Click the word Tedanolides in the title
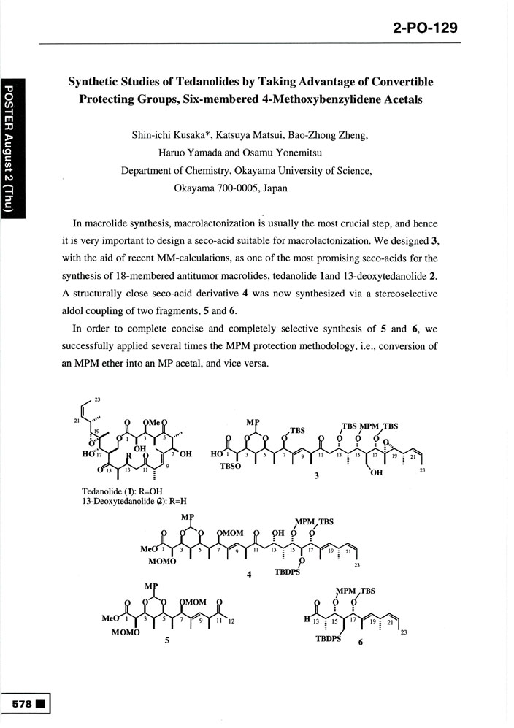point(196,82)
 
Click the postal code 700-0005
point(229,188)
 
